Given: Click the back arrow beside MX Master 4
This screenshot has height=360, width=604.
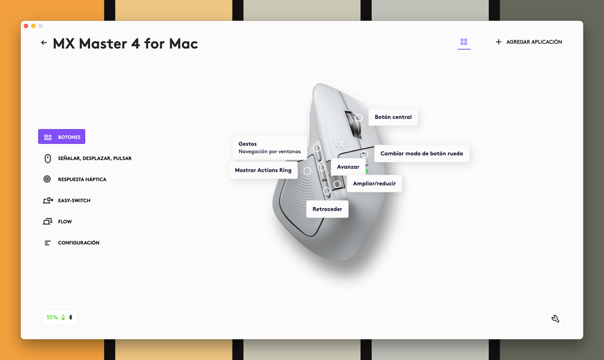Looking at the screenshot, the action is pyautogui.click(x=44, y=43).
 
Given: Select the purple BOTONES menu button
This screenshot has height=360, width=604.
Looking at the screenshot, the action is pyautogui.click(x=62, y=137).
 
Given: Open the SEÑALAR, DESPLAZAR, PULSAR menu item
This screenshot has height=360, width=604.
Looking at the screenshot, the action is pyautogui.click(x=88, y=158).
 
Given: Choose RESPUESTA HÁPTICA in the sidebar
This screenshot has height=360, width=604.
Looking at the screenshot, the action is pyautogui.click(x=74, y=179).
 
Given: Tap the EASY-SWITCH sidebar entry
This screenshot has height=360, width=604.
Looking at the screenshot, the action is pyautogui.click(x=67, y=200).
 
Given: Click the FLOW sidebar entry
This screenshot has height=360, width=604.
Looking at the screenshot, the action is pyautogui.click(x=58, y=221).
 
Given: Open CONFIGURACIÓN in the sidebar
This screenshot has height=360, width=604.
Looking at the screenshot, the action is pyautogui.click(x=71, y=242).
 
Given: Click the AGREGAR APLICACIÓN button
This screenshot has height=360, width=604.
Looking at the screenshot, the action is pyautogui.click(x=528, y=41).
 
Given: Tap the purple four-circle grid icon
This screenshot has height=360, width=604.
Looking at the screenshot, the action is pyautogui.click(x=464, y=41).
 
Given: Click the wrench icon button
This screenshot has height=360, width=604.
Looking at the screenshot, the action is pyautogui.click(x=555, y=319).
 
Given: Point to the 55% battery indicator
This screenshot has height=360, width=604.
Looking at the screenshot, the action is pyautogui.click(x=59, y=317).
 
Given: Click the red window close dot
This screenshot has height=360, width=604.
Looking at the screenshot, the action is pyautogui.click(x=26, y=26).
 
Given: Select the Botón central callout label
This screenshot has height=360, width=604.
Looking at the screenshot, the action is pyautogui.click(x=393, y=117).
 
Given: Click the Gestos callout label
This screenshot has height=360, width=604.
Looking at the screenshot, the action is pyautogui.click(x=270, y=148).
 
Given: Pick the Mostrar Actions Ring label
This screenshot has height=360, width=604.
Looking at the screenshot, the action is pyautogui.click(x=263, y=170).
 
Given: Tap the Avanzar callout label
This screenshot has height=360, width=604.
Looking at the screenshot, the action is pyautogui.click(x=348, y=167).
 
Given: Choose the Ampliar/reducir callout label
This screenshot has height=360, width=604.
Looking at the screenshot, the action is pyautogui.click(x=374, y=184).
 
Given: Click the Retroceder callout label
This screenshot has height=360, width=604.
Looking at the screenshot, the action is pyautogui.click(x=327, y=209).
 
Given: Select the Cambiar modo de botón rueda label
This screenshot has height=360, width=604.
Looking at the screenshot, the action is pyautogui.click(x=421, y=154).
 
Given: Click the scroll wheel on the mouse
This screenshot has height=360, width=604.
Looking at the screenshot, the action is pyautogui.click(x=354, y=124).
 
